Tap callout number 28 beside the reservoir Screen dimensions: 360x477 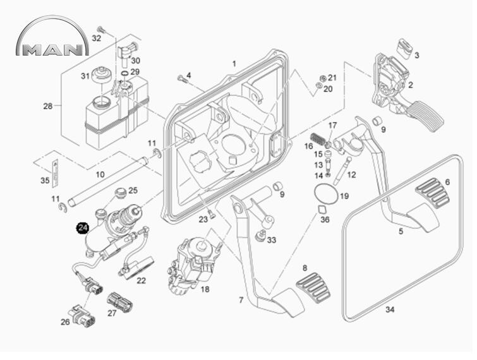pos(47,106)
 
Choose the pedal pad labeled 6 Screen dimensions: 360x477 pos(433,193)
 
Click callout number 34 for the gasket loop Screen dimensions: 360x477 pos(390,309)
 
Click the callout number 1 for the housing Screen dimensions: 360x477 pos(234,64)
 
